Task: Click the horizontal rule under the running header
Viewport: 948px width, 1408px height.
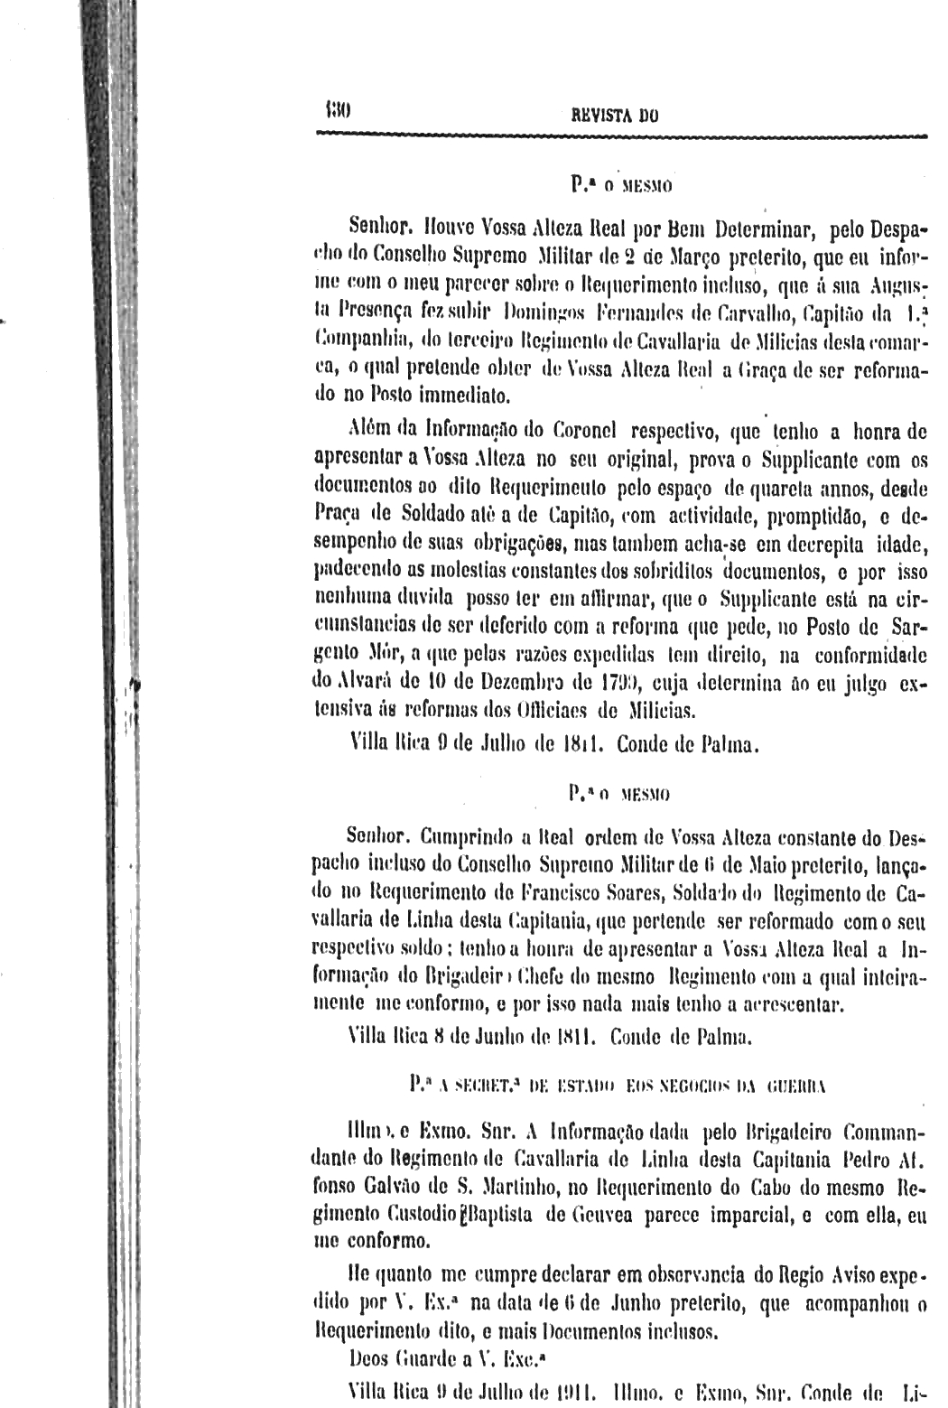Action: pyautogui.click(x=622, y=135)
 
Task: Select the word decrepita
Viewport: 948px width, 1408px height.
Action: pyautogui.click(x=810, y=545)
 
